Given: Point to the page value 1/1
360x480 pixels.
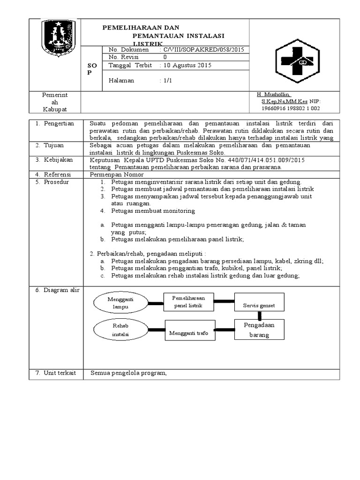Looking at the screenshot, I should (168, 81).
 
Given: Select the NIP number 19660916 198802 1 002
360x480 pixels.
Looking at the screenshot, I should (291, 108).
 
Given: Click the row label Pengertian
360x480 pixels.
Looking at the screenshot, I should (59, 123).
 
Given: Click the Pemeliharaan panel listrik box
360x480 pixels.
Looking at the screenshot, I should (187, 302).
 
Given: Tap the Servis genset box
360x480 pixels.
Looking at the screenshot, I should (259, 305).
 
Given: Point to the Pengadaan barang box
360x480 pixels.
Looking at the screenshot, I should (259, 330).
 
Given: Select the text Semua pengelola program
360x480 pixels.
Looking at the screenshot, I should (129, 373).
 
